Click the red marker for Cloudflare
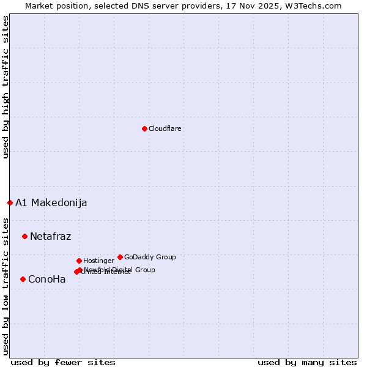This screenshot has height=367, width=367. point(144,128)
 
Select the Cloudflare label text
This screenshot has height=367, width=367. point(165,129)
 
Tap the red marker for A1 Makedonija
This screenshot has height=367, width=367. point(10,202)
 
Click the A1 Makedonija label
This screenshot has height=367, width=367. point(51,203)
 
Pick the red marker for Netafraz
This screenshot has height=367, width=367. point(24,236)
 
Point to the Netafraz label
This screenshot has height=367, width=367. point(51,237)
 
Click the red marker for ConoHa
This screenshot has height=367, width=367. point(23,279)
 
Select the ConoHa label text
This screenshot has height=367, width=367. point(47,280)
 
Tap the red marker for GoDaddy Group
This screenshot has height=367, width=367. point(120,257)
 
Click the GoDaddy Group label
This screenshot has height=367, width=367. point(150,258)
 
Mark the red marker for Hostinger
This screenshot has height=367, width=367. point(79,261)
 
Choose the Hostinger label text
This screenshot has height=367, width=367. point(98,261)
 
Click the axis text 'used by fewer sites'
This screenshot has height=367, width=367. point(63,362)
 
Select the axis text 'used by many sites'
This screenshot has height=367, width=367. point(307,362)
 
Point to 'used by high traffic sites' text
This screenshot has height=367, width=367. point(6,87)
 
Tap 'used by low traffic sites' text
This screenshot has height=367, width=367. point(6,286)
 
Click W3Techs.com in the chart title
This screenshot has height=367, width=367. point(316,6)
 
